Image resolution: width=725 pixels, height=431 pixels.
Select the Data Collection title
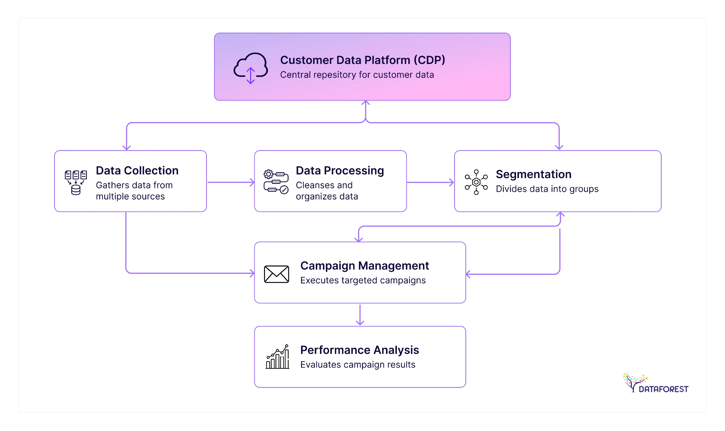point(137,171)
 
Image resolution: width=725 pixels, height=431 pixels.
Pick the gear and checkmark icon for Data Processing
point(276,182)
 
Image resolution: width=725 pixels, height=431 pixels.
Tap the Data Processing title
point(339,171)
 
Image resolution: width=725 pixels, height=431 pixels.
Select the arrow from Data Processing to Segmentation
point(430,182)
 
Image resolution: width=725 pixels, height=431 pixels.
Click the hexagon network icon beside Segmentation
point(476,182)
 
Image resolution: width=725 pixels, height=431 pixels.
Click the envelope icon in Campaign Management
point(276,274)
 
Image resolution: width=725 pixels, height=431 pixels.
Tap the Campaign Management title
point(364,266)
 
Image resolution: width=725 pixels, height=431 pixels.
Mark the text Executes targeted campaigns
point(362,280)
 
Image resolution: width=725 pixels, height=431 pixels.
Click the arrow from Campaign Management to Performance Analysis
point(360,315)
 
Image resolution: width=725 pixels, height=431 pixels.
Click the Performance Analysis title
point(359,350)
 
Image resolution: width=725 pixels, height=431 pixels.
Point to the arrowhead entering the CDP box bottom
point(365,103)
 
